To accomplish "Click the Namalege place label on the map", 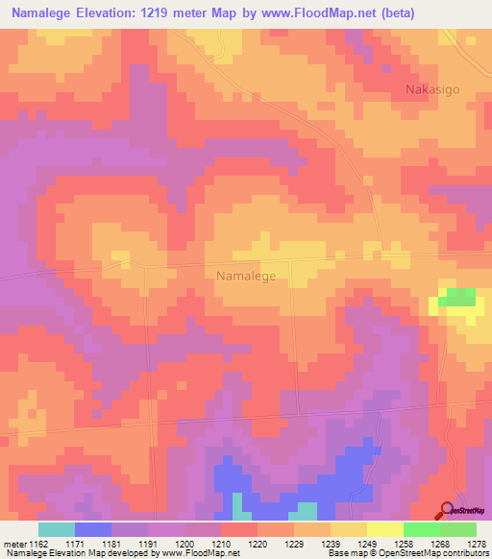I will pos(246,276).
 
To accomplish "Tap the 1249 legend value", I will pos(367,543).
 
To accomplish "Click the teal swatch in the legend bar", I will pos(57,529).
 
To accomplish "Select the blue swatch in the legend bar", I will pos(93,529).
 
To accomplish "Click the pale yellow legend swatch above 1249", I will pos(384,529).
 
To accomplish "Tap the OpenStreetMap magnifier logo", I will pos(447,510).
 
